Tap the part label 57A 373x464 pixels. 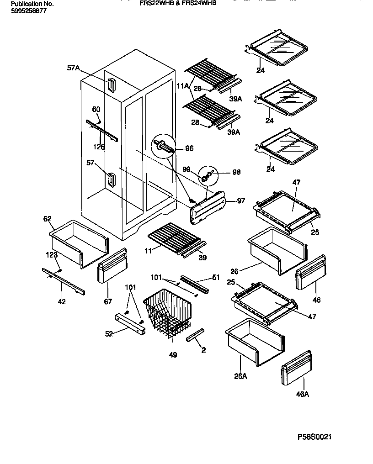73,68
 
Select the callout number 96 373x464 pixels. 189,148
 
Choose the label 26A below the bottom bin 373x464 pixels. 240,376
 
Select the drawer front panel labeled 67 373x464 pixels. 112,267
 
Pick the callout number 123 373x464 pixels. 51,254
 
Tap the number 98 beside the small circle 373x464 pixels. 236,172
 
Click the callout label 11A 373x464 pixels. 183,85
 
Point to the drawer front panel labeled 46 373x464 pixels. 311,273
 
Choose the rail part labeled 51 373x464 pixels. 194,284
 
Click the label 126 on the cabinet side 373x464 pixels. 98,147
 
